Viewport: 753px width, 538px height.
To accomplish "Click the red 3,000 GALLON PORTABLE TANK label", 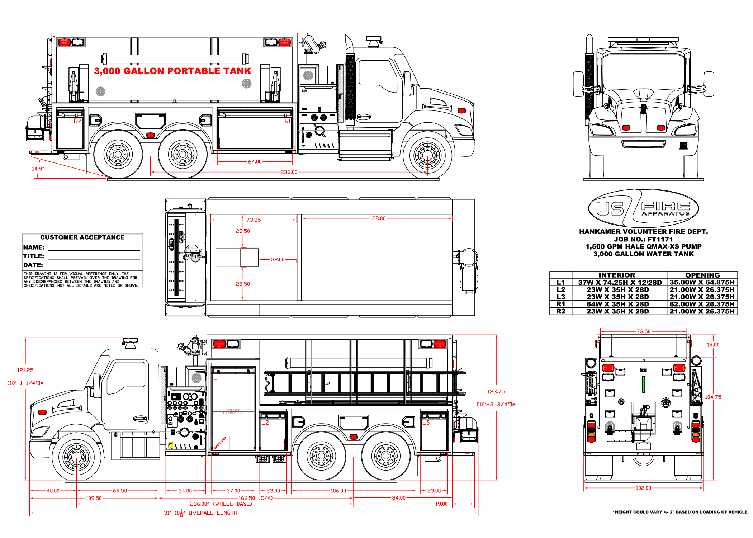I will (x=172, y=71).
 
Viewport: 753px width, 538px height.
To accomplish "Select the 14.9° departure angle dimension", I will (x=38, y=169).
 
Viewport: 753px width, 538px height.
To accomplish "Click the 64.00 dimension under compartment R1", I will (x=255, y=162).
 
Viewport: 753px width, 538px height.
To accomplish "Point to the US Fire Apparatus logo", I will (x=643, y=208).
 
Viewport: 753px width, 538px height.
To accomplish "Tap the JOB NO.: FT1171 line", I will (x=643, y=239).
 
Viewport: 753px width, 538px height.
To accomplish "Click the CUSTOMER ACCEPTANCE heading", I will (x=82, y=237).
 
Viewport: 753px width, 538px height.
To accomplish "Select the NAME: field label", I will (x=34, y=247).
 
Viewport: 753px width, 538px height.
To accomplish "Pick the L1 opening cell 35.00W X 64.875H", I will (x=702, y=283).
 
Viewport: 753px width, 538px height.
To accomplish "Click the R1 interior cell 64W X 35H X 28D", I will (x=617, y=304).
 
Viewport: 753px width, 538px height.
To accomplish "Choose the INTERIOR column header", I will (x=617, y=275).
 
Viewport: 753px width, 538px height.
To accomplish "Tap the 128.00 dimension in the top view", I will (x=378, y=218).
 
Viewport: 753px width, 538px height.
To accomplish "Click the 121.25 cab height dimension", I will (x=25, y=370).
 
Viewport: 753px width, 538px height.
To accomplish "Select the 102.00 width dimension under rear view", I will (x=643, y=488).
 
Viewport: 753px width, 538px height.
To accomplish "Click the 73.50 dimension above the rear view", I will (x=643, y=331).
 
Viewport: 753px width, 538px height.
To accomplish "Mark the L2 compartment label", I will (x=265, y=423).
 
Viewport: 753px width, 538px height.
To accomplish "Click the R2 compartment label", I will (x=77, y=121).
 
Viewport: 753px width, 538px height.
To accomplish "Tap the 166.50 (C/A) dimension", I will (x=256, y=498).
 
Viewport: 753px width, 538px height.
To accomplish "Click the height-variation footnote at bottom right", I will (x=680, y=512).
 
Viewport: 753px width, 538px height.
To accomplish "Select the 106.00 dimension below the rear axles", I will (x=338, y=491).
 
